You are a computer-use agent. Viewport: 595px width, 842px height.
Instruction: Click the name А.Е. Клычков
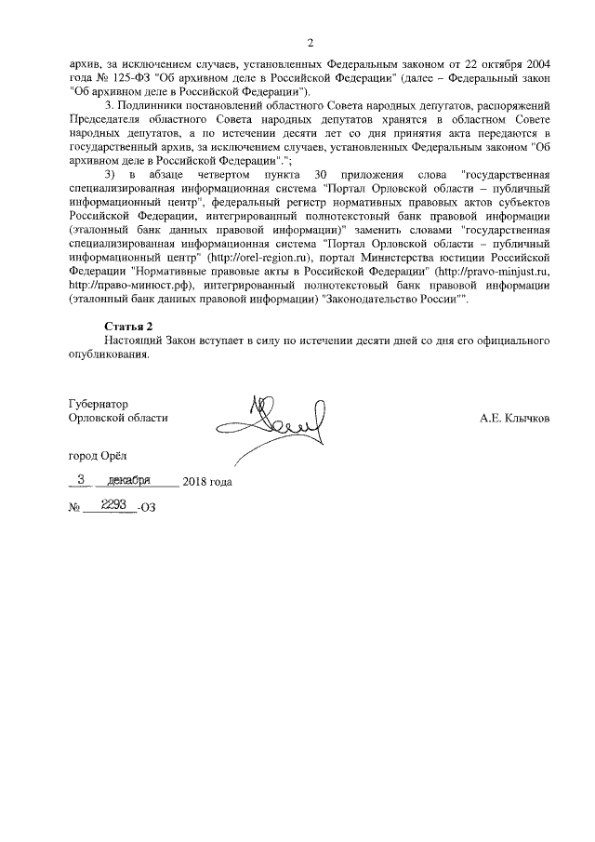[514, 419]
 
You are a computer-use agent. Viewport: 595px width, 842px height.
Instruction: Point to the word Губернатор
[99, 405]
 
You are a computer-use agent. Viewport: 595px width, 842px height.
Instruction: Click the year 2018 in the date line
[195, 482]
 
